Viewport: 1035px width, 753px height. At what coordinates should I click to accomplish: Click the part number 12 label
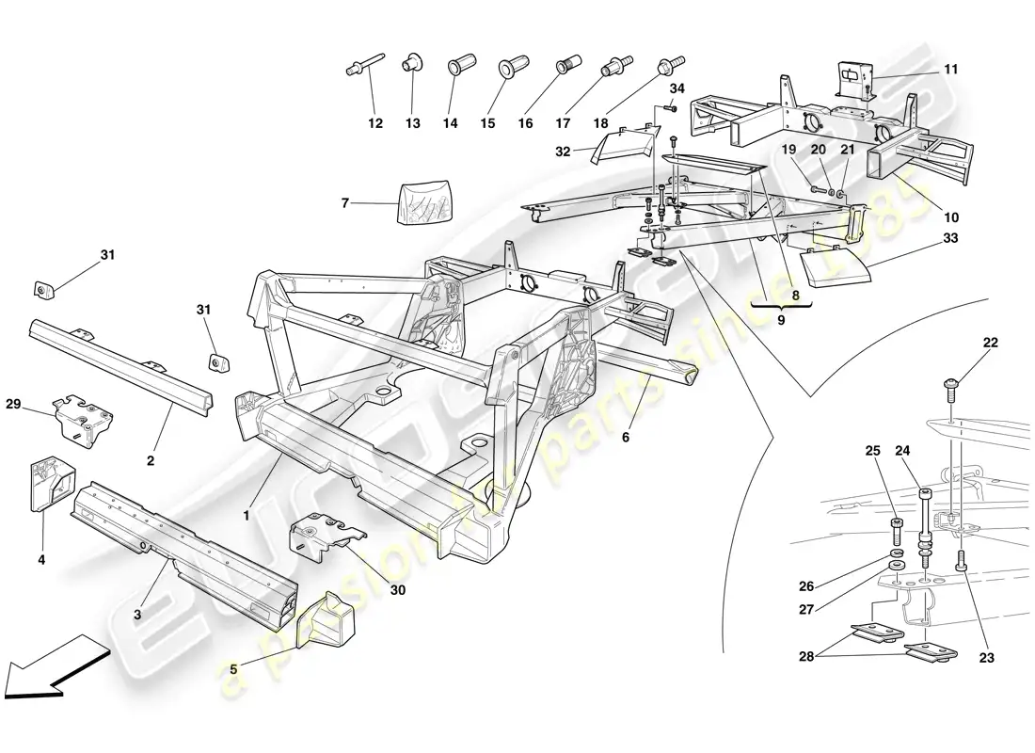coord(375,123)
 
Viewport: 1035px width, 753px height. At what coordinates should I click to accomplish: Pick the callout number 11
coord(950,70)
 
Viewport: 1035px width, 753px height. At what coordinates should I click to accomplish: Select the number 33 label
coord(950,238)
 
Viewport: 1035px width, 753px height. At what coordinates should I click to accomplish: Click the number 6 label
coord(627,437)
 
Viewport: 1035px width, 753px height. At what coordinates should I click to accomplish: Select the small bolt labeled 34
coord(670,110)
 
